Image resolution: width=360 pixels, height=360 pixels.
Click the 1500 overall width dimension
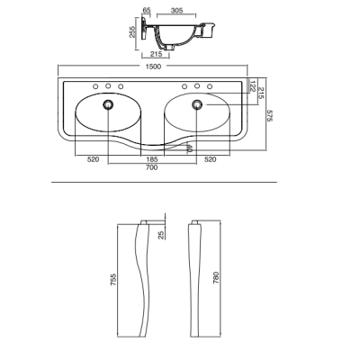(x=153, y=67)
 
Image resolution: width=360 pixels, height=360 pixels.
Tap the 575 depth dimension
(x=269, y=115)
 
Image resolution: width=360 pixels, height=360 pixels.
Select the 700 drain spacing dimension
(x=151, y=167)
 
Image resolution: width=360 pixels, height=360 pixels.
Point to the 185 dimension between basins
(x=151, y=159)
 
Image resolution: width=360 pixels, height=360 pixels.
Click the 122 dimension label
(x=252, y=85)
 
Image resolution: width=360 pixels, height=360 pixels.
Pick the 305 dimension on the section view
(x=176, y=11)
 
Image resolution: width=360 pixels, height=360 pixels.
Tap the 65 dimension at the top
(x=147, y=10)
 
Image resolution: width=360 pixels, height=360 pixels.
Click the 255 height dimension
(x=132, y=31)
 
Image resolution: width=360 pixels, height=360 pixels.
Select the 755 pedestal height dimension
(x=113, y=279)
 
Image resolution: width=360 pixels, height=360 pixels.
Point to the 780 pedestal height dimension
(x=216, y=277)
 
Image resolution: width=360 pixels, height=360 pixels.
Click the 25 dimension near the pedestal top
(x=161, y=235)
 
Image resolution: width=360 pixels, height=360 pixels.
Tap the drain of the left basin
(x=108, y=104)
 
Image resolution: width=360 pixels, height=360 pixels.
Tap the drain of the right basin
(x=197, y=104)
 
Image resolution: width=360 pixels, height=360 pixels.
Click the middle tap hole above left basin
(x=108, y=86)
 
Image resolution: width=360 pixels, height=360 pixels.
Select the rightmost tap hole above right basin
(x=210, y=86)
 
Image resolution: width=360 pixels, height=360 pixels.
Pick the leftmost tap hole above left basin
(x=95, y=86)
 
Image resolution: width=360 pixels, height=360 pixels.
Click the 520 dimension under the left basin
(x=93, y=159)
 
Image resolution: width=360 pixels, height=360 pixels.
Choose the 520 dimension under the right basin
(x=210, y=159)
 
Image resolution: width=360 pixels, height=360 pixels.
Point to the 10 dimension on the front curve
(x=189, y=148)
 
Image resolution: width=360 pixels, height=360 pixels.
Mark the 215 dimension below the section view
(x=156, y=54)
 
